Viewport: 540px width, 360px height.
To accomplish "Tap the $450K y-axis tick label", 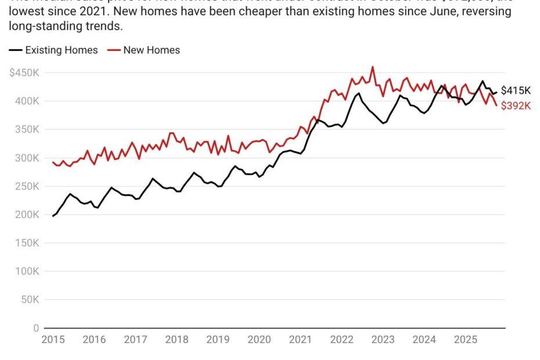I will click(x=24, y=73).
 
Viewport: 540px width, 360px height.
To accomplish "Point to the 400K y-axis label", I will click(x=27, y=101).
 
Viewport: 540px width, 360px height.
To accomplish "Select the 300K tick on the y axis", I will click(x=27, y=158).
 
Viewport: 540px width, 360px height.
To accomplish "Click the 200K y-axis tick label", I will click(x=27, y=215).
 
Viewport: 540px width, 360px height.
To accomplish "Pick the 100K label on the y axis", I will click(x=27, y=271).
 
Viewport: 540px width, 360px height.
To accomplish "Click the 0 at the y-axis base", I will click(x=35, y=328).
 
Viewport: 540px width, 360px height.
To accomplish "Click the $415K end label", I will click(x=516, y=91).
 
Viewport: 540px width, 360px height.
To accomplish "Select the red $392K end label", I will click(x=516, y=106).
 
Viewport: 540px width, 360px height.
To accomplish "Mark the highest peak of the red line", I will click(x=373, y=67).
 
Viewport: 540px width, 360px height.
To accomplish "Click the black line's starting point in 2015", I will click(x=53, y=216).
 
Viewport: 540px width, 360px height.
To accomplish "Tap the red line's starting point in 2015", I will click(x=53, y=163).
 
